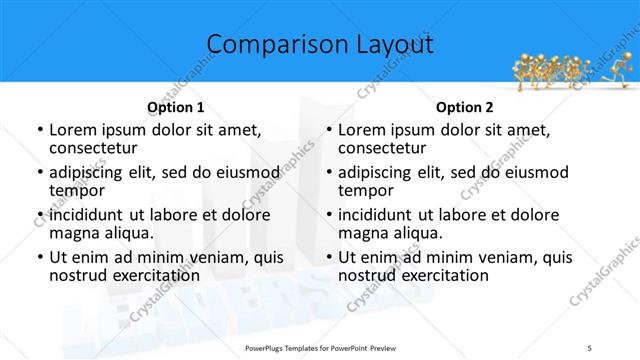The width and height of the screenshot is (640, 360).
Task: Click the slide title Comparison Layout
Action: (x=320, y=45)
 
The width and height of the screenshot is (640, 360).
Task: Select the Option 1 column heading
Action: (x=175, y=107)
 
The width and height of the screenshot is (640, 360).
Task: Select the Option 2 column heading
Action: (x=464, y=107)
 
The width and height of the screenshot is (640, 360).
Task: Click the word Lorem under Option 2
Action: (x=362, y=130)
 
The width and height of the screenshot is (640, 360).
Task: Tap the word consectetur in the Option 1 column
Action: (x=97, y=148)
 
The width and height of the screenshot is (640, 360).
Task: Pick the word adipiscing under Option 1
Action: (x=89, y=172)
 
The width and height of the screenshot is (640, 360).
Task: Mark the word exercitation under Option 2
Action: (x=441, y=275)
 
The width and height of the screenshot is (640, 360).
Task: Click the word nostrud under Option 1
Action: (x=77, y=275)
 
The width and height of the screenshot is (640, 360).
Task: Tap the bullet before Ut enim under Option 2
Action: (x=329, y=258)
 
